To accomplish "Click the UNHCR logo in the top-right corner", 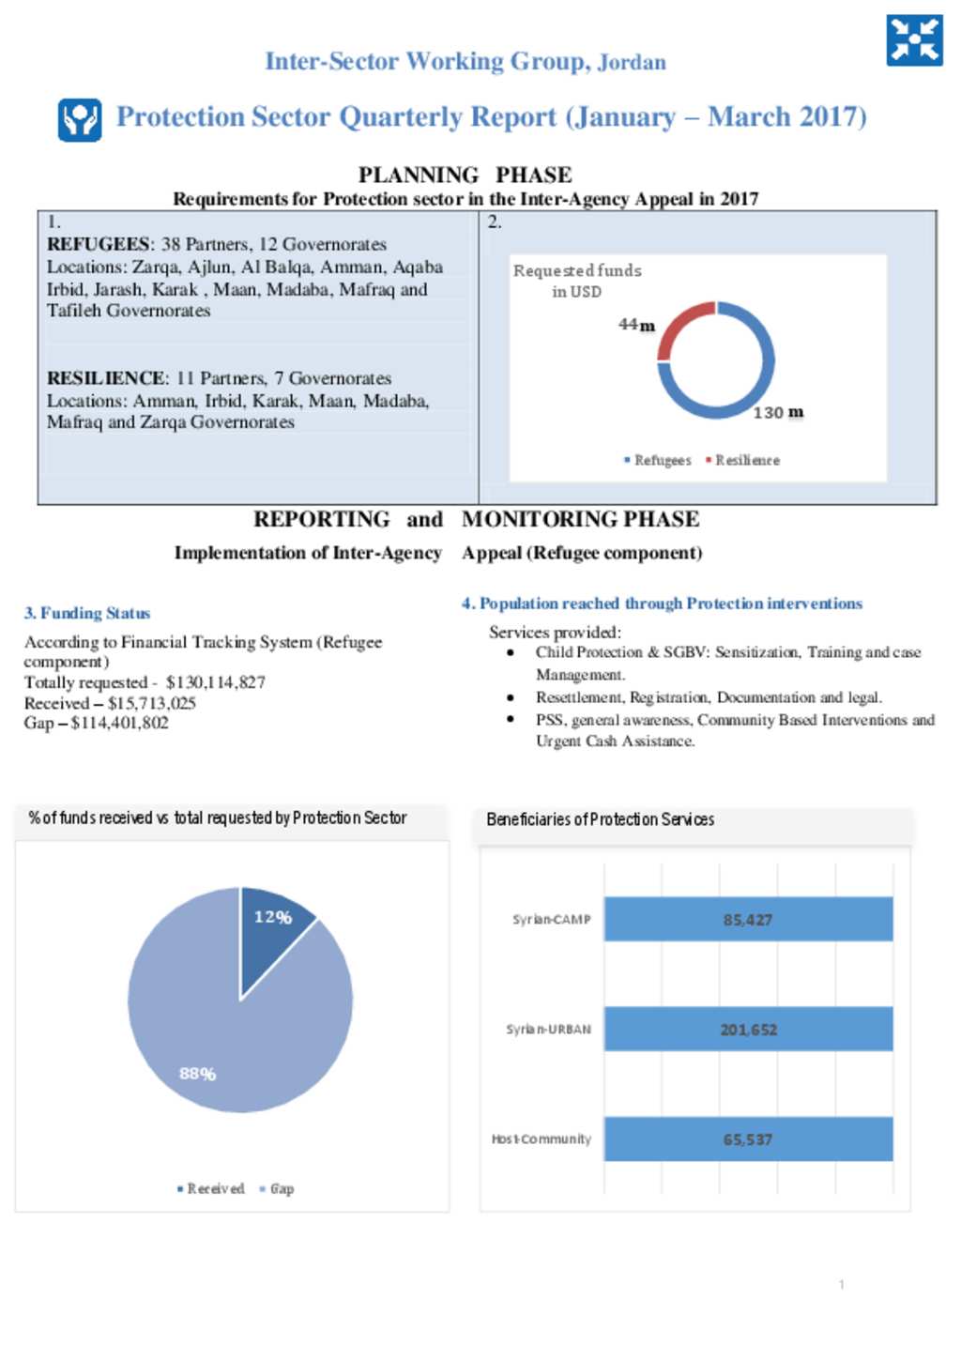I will pyautogui.click(x=914, y=40).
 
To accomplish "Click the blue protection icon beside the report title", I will pyautogui.click(x=80, y=119).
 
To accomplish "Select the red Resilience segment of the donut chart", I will pyautogui.click(x=681, y=325).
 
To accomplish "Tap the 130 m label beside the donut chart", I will pyautogui.click(x=778, y=413).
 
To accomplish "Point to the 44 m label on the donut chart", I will pyautogui.click(x=636, y=325).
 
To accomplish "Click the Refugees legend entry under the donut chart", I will pyautogui.click(x=658, y=460).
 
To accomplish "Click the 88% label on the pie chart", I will pyautogui.click(x=197, y=1074).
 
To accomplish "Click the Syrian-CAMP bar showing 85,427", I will pyautogui.click(x=748, y=920).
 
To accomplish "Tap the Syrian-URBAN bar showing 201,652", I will pyautogui.click(x=748, y=1030).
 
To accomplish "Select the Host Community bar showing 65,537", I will pyautogui.click(x=748, y=1139).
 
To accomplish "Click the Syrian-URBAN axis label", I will pyautogui.click(x=549, y=1030).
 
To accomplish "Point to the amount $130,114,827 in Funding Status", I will pyautogui.click(x=216, y=682).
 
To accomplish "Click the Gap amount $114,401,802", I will pyautogui.click(x=120, y=723).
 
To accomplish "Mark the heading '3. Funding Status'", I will pyautogui.click(x=87, y=613).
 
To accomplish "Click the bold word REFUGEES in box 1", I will pyautogui.click(x=98, y=244).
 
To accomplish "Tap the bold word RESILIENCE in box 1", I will pyautogui.click(x=107, y=378).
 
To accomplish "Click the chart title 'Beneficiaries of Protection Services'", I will pyautogui.click(x=600, y=819).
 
